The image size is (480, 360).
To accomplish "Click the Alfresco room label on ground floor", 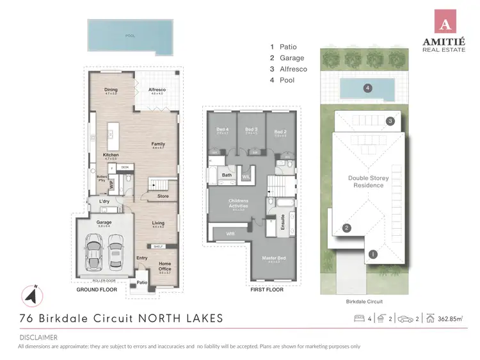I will [x=157, y=91].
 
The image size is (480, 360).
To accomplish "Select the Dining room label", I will [x=111, y=91].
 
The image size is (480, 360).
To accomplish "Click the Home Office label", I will [x=164, y=266].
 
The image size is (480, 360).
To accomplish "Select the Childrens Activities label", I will [x=239, y=203].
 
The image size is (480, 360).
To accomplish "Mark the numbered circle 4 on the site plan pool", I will [x=367, y=88].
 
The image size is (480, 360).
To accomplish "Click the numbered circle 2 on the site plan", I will [x=346, y=227].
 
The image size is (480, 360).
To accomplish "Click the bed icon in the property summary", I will [x=359, y=318].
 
